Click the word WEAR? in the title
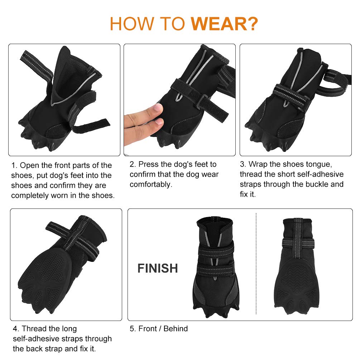click(224, 24)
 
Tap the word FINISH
click(158, 268)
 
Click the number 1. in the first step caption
click(14, 165)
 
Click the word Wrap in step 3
click(258, 164)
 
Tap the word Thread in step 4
click(34, 328)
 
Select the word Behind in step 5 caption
click(176, 328)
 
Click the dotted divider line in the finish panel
click(256, 264)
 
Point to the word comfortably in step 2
click(151, 184)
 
